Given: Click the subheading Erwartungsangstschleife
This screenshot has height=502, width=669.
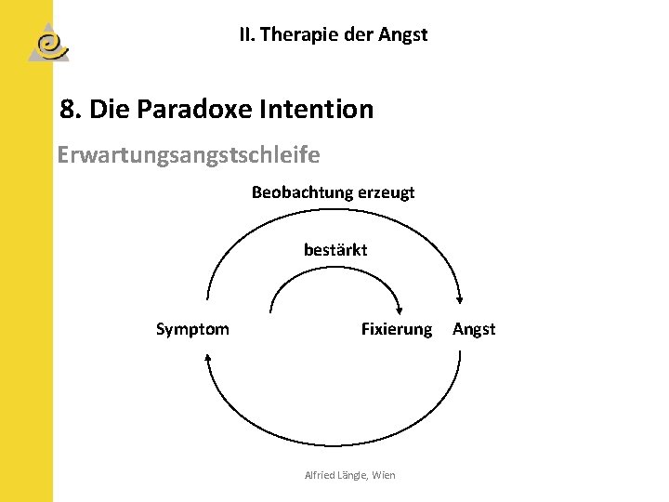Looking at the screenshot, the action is click(188, 153).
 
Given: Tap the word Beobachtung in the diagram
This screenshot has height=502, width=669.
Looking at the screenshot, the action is click(295, 193).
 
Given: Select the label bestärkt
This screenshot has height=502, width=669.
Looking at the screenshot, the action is click(335, 250).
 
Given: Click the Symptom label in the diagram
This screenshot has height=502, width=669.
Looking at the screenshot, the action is click(192, 329).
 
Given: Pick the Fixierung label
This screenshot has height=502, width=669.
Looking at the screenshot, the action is click(396, 329).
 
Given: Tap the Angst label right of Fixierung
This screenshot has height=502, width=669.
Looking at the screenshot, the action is click(474, 329).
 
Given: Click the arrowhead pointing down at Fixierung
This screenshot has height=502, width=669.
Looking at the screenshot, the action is click(399, 311).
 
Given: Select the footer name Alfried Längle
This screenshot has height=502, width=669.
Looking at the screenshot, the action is click(335, 475).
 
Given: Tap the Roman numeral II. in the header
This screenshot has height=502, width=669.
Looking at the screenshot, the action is click(246, 35).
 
